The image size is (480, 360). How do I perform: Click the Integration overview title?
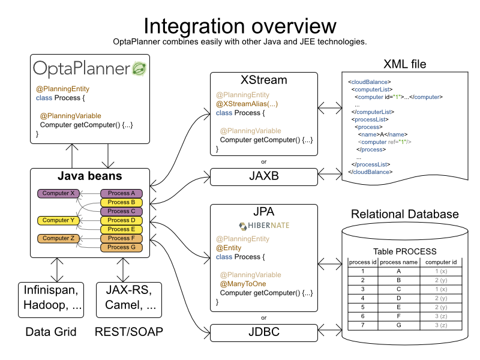(239, 26)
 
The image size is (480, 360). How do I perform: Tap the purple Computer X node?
(58, 193)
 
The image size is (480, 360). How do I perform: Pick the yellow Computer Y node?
(58, 220)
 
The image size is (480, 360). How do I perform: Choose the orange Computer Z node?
(58, 238)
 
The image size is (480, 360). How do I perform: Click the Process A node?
(121, 193)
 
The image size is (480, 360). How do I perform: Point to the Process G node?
(121, 247)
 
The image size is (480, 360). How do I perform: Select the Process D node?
(121, 220)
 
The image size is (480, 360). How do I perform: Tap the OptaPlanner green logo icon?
(140, 68)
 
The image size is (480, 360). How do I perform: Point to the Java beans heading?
(89, 176)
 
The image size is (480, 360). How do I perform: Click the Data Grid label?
(51, 331)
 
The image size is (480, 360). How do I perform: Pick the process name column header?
(398, 262)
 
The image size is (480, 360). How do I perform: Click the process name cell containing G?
(398, 325)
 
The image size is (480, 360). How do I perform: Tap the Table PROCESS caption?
(404, 251)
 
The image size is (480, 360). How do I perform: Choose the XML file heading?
(405, 64)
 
